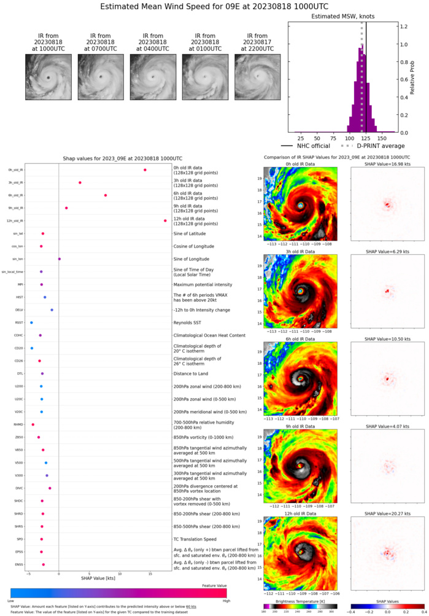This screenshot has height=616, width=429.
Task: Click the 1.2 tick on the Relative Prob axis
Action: (x=406, y=26)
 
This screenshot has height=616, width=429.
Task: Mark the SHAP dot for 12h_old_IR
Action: (x=165, y=220)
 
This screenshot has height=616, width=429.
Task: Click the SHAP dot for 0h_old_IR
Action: (x=145, y=170)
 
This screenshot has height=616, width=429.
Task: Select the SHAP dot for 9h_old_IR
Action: (x=66, y=208)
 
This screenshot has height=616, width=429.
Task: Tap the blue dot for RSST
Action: (x=31, y=322)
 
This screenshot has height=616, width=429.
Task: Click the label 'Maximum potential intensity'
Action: (x=201, y=284)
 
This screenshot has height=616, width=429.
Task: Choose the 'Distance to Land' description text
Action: (x=191, y=373)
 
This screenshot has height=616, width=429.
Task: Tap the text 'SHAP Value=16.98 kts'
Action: (x=387, y=165)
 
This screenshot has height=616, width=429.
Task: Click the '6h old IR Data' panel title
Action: (x=300, y=339)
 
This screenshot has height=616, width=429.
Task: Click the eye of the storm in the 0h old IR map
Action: (x=301, y=206)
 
